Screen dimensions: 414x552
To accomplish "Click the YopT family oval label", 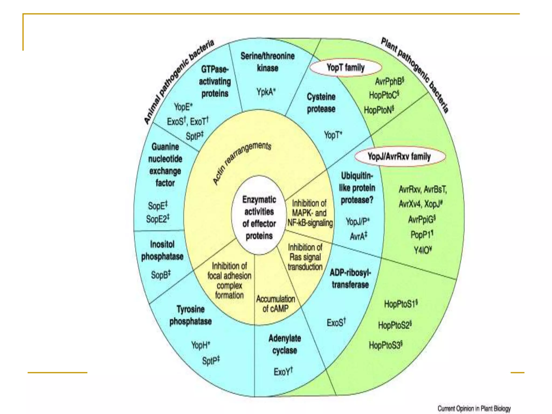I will coord(346,67).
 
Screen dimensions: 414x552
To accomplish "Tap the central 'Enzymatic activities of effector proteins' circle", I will coord(259,217).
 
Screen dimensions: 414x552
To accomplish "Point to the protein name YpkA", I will coord(266,92).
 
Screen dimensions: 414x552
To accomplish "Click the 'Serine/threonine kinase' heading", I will coord(267,62).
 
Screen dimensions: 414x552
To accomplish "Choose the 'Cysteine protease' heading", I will coord(321,103).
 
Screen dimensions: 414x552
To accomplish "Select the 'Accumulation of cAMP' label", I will coord(275,304).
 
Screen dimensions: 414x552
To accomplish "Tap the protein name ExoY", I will coord(283,372).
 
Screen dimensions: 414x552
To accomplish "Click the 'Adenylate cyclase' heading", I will coord(285,344).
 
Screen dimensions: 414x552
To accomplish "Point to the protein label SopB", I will coord(161,275).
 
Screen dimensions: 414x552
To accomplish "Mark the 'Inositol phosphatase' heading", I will coord(162,250).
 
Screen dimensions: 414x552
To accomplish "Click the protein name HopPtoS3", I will coord(385,345).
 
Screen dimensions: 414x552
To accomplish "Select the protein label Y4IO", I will coord(422,250).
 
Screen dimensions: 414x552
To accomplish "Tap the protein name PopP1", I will coord(422,234).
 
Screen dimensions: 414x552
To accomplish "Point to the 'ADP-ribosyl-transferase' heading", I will coord(350,279).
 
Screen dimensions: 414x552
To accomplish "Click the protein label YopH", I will coord(200,345).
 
